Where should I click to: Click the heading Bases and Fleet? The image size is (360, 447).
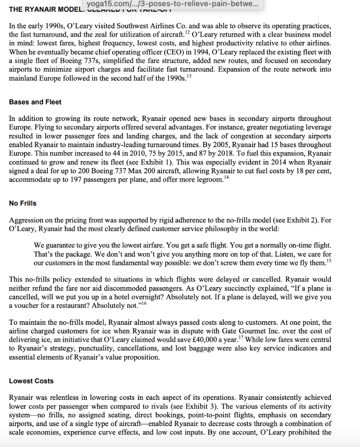tap(35, 102)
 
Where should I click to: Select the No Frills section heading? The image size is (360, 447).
tap(23, 203)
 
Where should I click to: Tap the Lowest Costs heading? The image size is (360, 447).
tap(31, 381)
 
